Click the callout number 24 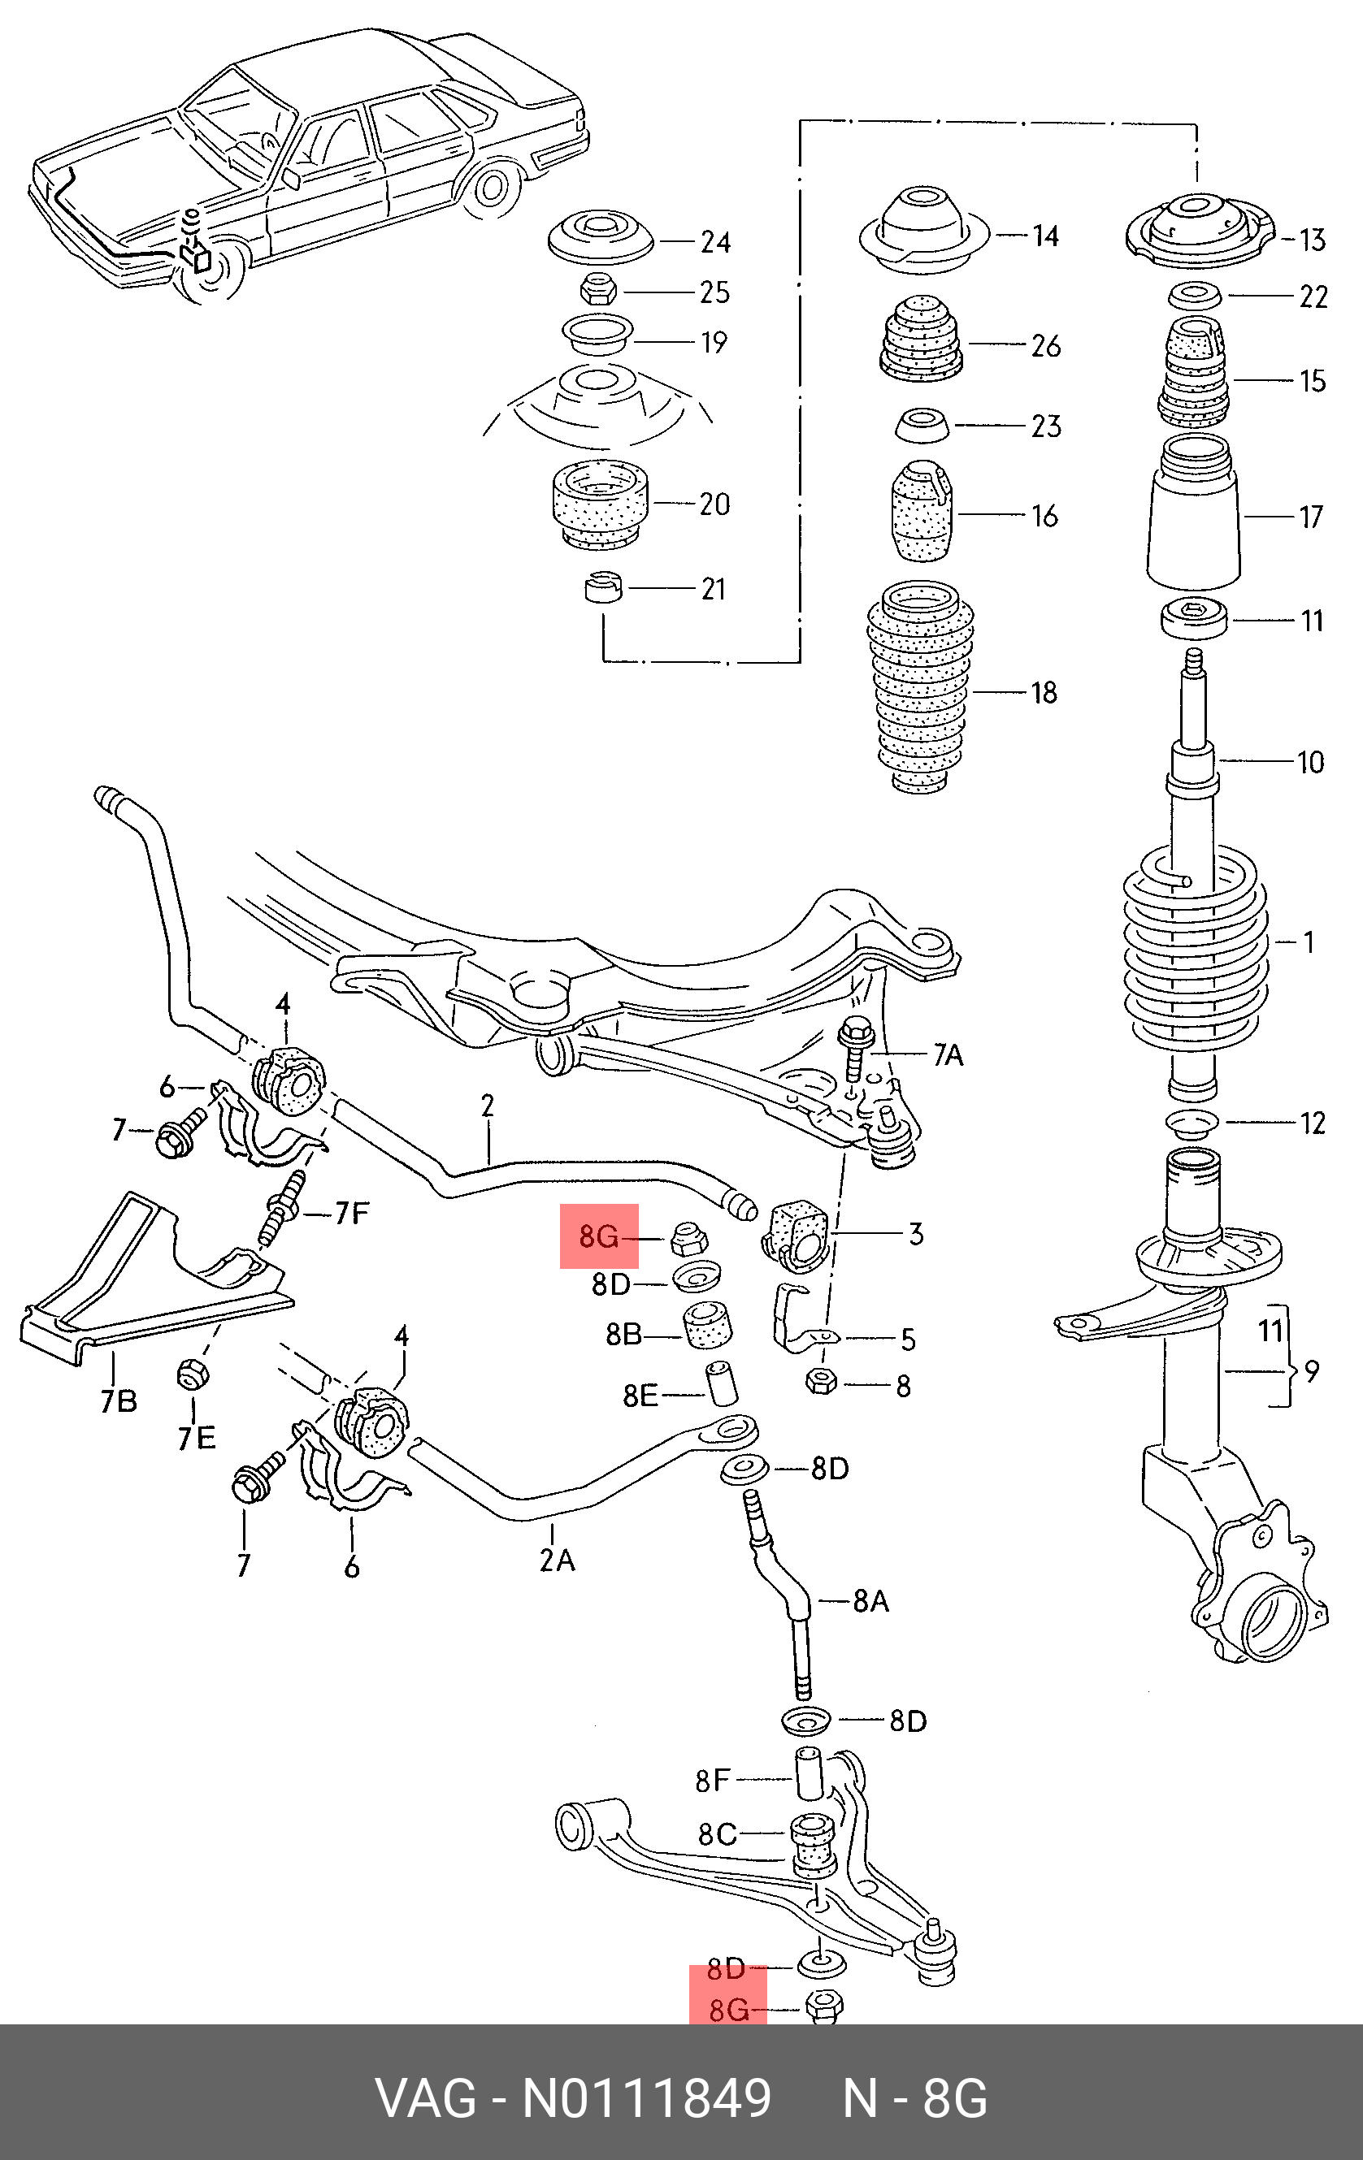(x=714, y=242)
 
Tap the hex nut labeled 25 (x=597, y=292)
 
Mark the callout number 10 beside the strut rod (x=1310, y=763)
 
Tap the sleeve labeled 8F (x=809, y=1774)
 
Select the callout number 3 (x=915, y=1234)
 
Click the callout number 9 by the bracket (x=1312, y=1371)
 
